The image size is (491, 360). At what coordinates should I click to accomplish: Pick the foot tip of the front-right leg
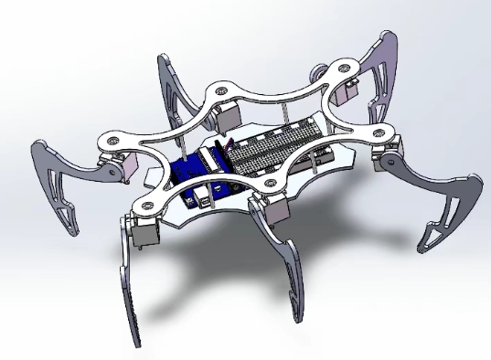pyautogui.click(x=295, y=317)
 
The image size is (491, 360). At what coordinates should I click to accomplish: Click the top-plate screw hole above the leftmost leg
pyautogui.click(x=111, y=143)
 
